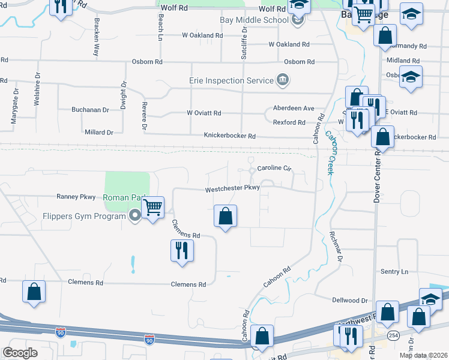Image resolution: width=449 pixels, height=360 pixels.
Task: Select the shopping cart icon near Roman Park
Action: [x=153, y=208]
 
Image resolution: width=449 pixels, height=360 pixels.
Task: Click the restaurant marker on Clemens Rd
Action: [x=182, y=250]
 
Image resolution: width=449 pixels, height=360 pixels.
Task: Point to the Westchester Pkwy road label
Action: [x=232, y=188]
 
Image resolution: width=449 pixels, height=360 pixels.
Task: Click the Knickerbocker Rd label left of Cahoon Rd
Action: [x=229, y=136]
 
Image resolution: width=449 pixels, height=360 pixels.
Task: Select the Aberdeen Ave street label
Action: [x=294, y=108]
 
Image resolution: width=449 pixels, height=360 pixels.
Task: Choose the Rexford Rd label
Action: [x=289, y=122]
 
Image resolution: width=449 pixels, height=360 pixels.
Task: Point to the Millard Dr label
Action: [x=98, y=132]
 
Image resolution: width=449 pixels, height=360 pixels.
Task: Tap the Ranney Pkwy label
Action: [x=76, y=196]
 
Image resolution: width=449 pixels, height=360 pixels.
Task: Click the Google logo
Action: [x=20, y=352]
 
